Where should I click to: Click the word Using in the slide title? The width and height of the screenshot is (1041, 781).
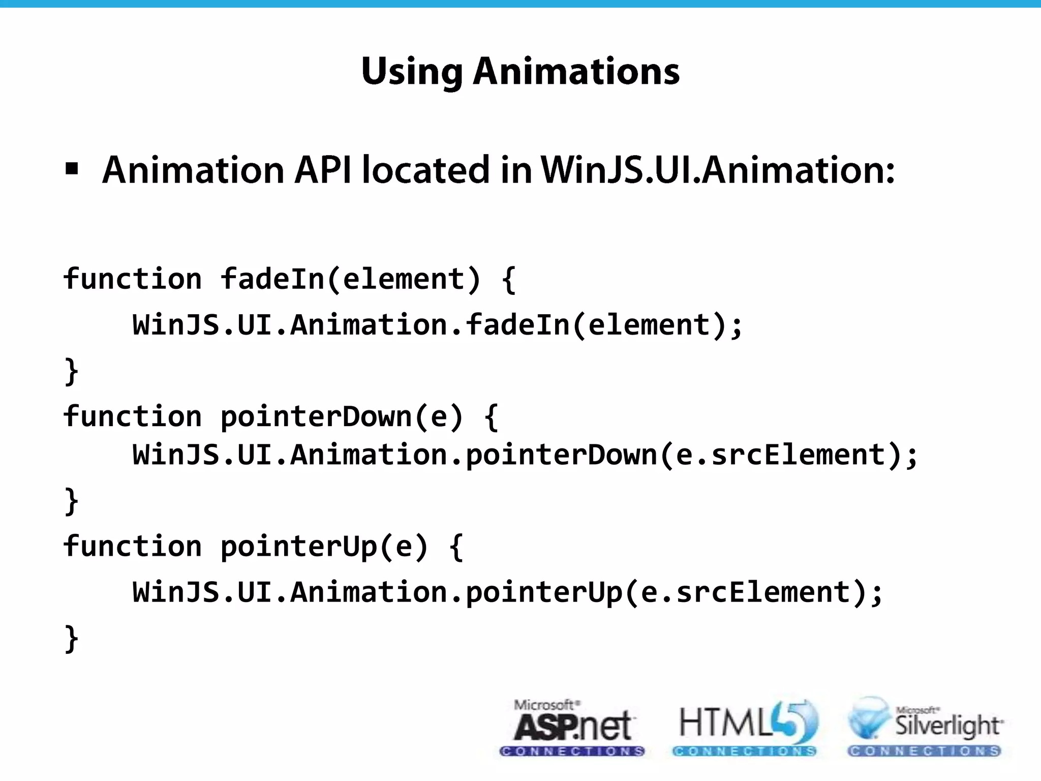pyautogui.click(x=412, y=72)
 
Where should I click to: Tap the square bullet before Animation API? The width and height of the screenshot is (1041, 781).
pyautogui.click(x=72, y=169)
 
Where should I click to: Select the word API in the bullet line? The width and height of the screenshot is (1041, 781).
pyautogui.click(x=323, y=170)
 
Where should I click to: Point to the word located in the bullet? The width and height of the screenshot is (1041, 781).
pyautogui.click(x=426, y=170)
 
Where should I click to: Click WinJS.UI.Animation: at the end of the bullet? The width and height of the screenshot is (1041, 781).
pyautogui.click(x=717, y=170)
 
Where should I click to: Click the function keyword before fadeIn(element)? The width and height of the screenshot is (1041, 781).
pyautogui.click(x=133, y=279)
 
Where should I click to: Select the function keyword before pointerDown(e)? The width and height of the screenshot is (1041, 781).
pyautogui.click(x=133, y=416)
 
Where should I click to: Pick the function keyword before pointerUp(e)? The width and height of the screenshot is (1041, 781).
pyautogui.click(x=133, y=547)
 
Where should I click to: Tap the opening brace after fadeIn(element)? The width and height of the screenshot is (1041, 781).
pyautogui.click(x=508, y=280)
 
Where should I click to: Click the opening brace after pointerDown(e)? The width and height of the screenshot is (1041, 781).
pyautogui.click(x=491, y=417)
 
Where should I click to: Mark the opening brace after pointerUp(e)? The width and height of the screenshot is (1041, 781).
pyautogui.click(x=456, y=548)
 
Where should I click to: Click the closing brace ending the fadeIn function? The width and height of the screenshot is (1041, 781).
pyautogui.click(x=72, y=372)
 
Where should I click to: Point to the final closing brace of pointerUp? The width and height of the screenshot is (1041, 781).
pyautogui.click(x=72, y=639)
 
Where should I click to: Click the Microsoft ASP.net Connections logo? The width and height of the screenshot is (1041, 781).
pyautogui.click(x=572, y=728)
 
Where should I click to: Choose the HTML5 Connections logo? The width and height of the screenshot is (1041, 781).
pyautogui.click(x=745, y=728)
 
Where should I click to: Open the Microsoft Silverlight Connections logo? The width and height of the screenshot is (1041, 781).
pyautogui.click(x=924, y=728)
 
